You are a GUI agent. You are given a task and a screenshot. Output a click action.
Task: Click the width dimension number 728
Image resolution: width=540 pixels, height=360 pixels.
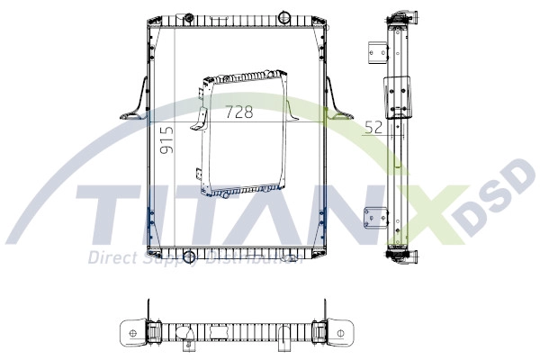238,112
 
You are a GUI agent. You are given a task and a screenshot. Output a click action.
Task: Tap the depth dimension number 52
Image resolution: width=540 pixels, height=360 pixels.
373,128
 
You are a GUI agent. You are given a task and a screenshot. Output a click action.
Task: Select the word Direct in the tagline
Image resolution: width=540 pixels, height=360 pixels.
109,258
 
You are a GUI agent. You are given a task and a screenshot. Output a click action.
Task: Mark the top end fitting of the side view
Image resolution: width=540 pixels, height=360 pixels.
397,21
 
